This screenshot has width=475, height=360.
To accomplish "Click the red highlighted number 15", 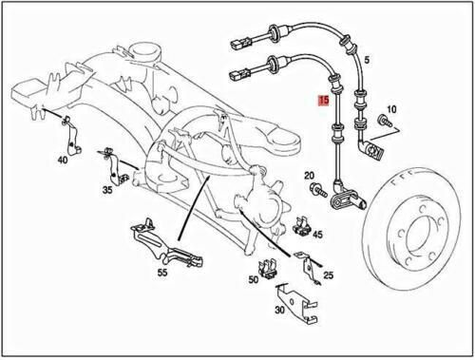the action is click(x=324, y=101).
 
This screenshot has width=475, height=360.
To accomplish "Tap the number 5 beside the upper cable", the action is click(x=367, y=60).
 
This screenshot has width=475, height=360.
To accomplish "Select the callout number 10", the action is click(x=391, y=109).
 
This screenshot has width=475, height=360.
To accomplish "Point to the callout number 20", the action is click(x=309, y=176).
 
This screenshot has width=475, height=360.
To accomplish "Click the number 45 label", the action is click(x=317, y=235).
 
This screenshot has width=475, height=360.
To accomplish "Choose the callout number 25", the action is click(x=329, y=275).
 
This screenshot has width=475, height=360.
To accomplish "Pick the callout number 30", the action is click(x=279, y=310).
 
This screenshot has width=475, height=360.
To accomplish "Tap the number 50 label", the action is click(x=254, y=279).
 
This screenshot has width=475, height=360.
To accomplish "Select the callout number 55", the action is click(x=162, y=273).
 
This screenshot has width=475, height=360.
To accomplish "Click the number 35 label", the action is click(x=107, y=190).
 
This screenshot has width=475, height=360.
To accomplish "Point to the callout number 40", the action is click(x=63, y=160).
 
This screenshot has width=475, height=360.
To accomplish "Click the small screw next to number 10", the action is click(x=385, y=122).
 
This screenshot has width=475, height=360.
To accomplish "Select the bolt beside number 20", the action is click(x=318, y=190).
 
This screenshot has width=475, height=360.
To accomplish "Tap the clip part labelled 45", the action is click(x=302, y=226).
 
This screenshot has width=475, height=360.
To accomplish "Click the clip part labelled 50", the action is click(x=269, y=270).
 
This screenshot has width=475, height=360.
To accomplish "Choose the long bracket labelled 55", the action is click(x=166, y=245).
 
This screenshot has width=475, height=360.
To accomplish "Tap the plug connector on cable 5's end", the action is click(x=238, y=43).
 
